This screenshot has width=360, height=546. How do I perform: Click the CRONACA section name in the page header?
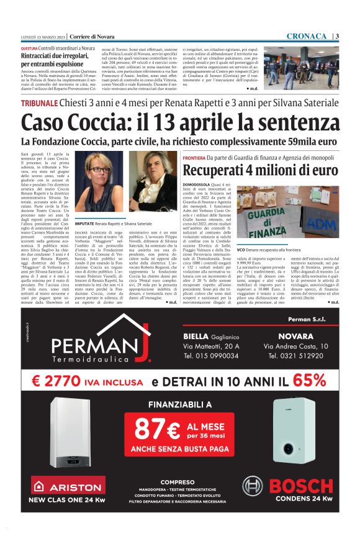[307, 35]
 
